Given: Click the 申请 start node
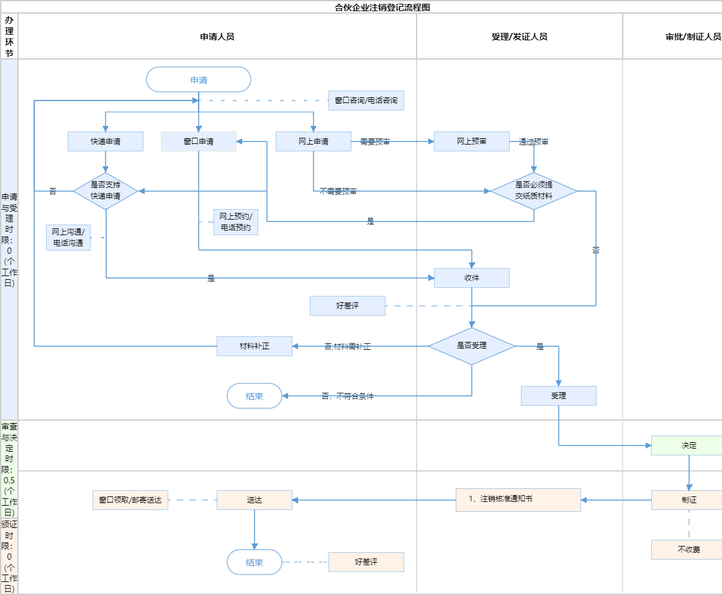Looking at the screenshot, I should pos(199,79).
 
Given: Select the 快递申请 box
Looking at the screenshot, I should pos(106,141).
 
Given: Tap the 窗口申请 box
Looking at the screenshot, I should pos(199,141).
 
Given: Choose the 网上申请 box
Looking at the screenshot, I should pos(314,141).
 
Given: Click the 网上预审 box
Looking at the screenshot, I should pos(472,141).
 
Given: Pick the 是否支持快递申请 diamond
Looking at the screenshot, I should pos(106,190).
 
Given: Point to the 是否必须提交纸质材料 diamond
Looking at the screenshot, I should pos(534,190).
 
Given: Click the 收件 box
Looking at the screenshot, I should pos(472,278).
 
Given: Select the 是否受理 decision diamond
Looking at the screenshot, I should pos(472,346).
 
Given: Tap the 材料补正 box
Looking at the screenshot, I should pos(255,346).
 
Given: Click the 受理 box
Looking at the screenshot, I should pos(559,396).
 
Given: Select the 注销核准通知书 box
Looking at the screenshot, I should pos(518,499).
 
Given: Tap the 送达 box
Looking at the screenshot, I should pos(255,500).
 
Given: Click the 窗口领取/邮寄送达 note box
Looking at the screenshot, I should pos(130,500).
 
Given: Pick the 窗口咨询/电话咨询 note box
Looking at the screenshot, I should pos(366,101).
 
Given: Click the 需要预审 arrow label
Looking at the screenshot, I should pos(375,142).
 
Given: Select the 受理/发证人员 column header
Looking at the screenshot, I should pos(519,37).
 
